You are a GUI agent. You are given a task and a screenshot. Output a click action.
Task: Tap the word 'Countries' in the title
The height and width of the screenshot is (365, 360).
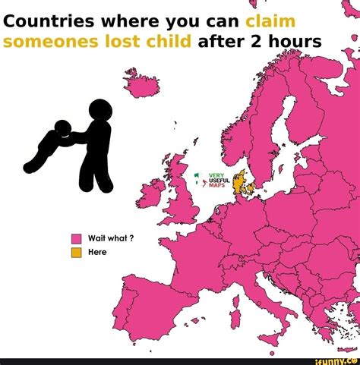pyautogui.click(x=52, y=18)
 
